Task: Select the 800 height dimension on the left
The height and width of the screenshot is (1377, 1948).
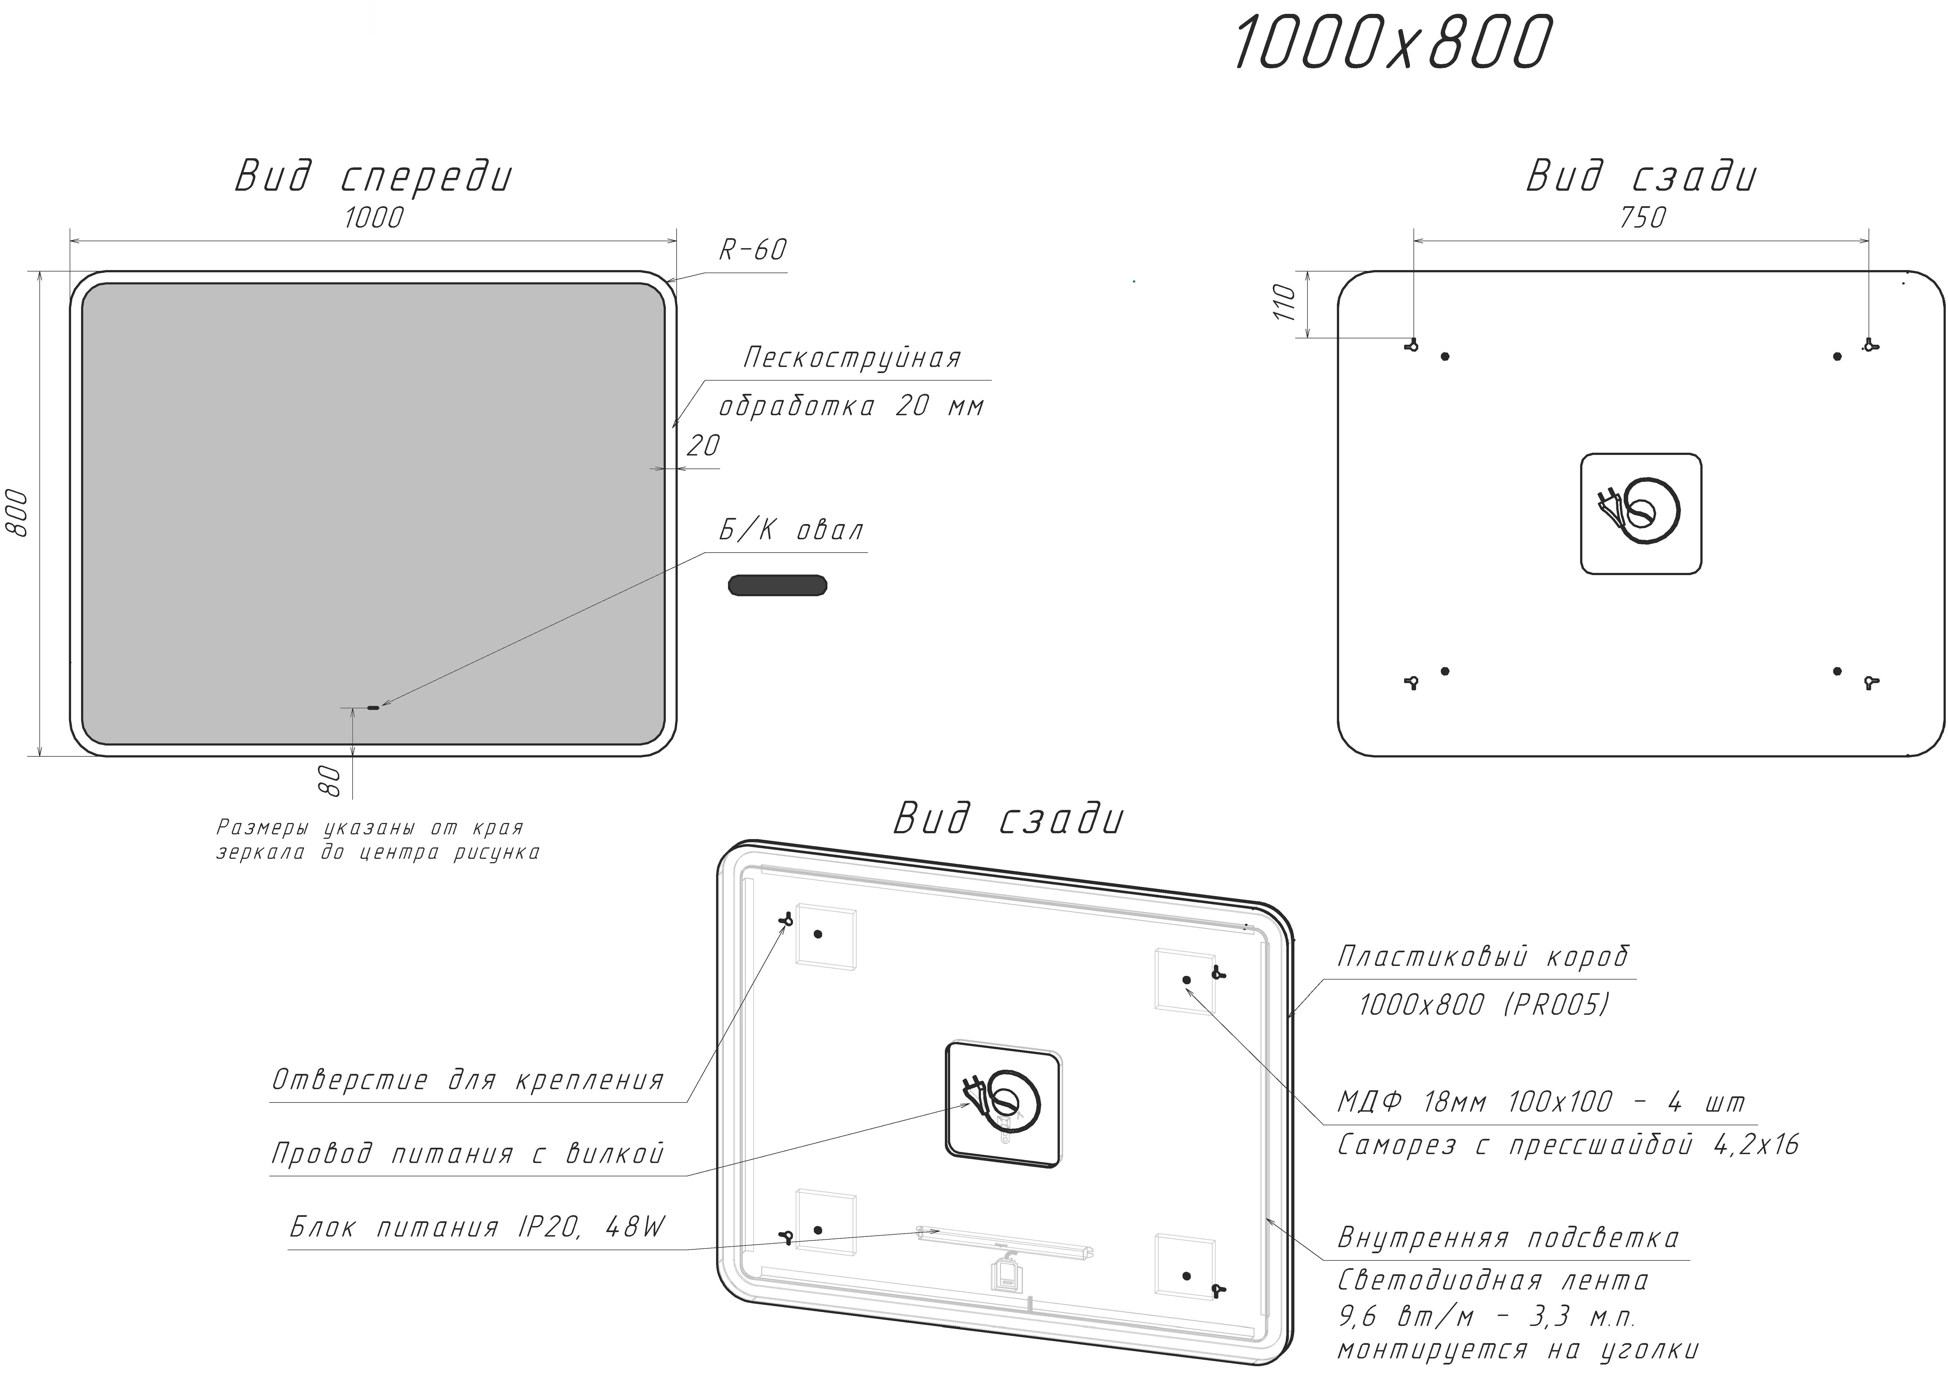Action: click(x=17, y=512)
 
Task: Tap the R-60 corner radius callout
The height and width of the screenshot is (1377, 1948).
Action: click(x=752, y=250)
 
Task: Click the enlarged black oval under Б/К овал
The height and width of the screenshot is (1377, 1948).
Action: click(x=777, y=585)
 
